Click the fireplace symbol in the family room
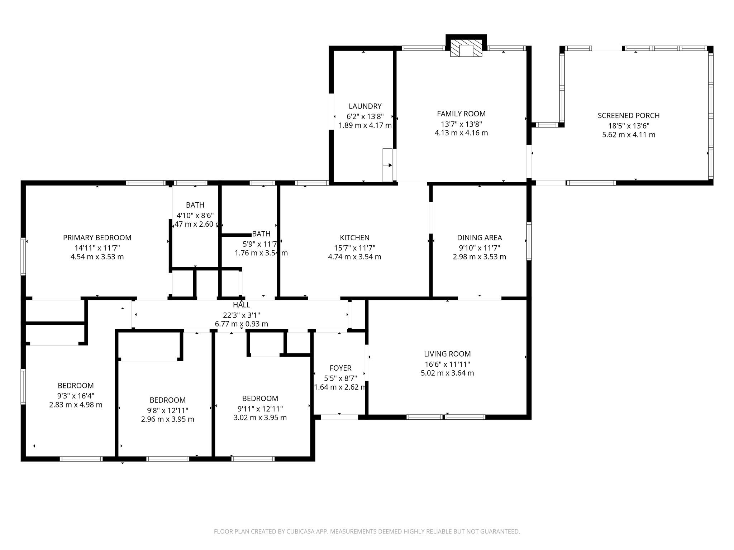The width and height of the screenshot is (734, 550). click(x=466, y=49)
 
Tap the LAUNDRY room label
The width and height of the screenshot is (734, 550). click(x=365, y=106)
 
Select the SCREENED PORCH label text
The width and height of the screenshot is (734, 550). click(x=628, y=115)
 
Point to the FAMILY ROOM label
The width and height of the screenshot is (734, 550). click(x=461, y=114)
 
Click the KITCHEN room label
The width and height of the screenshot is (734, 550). click(x=354, y=237)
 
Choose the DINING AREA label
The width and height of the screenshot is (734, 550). click(x=479, y=237)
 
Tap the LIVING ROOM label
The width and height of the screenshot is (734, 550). click(x=447, y=354)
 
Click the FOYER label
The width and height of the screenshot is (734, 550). click(x=340, y=368)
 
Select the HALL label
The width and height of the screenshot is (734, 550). click(x=241, y=305)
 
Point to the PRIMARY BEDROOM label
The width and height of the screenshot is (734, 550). click(x=97, y=237)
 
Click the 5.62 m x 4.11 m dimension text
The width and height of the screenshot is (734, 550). click(x=628, y=135)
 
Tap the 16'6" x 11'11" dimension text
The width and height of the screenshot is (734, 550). click(x=447, y=364)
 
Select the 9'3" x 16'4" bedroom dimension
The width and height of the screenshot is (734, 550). click(x=76, y=396)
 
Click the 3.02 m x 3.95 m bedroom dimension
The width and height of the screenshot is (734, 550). click(x=260, y=418)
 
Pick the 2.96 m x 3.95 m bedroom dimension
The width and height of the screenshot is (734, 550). click(x=167, y=419)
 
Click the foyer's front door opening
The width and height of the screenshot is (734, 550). click(x=339, y=417)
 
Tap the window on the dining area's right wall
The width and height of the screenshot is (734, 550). click(x=529, y=241)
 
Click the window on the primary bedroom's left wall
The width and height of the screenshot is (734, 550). click(x=23, y=256)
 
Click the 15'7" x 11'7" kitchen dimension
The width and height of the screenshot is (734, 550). click(x=354, y=248)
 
